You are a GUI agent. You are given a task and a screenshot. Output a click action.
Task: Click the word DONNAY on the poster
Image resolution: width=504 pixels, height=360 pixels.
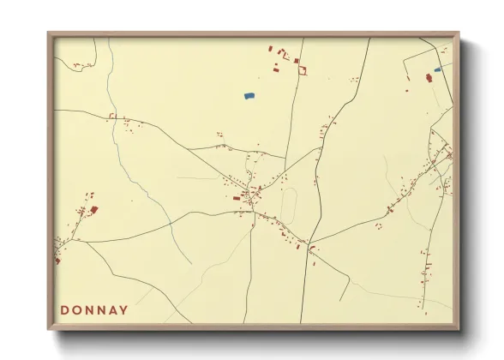pyautogui.click(x=94, y=310)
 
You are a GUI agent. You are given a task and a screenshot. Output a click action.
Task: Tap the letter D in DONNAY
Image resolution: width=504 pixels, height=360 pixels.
pyautogui.click(x=65, y=310)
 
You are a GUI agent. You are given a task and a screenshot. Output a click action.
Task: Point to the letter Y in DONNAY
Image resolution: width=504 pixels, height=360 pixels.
pyautogui.click(x=124, y=310)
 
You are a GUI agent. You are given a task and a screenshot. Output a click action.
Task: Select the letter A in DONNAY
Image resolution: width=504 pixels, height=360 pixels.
pyautogui.click(x=112, y=310)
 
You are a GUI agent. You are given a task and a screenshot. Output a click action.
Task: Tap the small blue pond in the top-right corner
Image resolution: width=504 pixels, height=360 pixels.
pyautogui.click(x=437, y=70)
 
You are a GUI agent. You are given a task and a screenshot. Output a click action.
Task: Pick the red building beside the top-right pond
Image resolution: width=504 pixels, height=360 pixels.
pyautogui.click(x=429, y=78)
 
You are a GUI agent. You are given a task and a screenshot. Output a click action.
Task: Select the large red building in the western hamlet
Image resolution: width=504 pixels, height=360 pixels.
pyautogui.click(x=94, y=208)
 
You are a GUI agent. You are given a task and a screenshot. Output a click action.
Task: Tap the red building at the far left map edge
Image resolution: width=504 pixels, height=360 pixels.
pyautogui.click(x=57, y=259)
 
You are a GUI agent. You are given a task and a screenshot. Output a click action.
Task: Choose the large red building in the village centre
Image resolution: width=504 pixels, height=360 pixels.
pyautogui.click(x=237, y=198)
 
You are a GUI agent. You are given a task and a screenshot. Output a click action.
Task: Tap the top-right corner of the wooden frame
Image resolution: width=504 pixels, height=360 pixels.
pyautogui.click(x=459, y=33)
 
